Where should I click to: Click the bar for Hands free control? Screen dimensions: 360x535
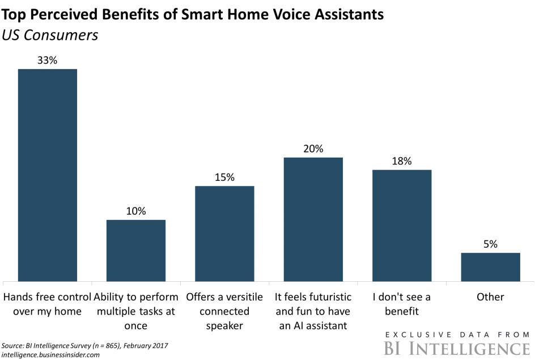[48, 175]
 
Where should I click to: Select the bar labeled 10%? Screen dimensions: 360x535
[136, 250]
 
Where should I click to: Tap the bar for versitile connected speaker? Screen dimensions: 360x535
[224, 233]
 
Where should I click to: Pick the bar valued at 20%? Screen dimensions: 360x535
[313, 219]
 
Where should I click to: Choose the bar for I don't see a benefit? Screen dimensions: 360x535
[402, 225]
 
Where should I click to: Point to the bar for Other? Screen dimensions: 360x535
[490, 266]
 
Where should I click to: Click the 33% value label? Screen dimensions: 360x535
[48, 60]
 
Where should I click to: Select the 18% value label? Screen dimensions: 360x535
[402, 160]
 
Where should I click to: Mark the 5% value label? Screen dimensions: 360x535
[490, 244]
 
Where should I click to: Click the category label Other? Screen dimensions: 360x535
[490, 297]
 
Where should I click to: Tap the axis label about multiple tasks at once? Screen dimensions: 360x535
[136, 311]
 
